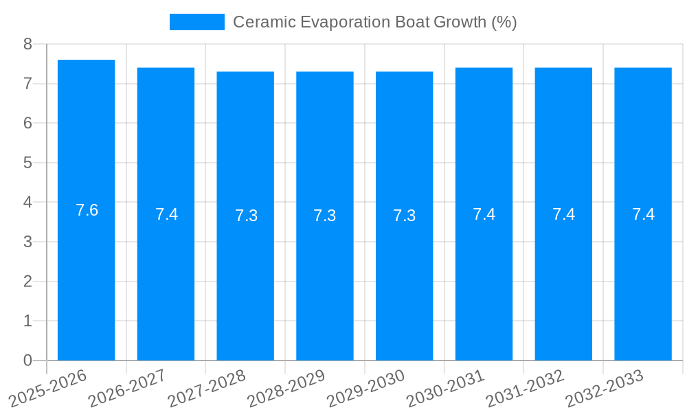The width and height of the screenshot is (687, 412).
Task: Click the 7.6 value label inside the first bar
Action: pos(87,210)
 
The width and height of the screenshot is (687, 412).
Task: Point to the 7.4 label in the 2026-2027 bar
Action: pos(166,214)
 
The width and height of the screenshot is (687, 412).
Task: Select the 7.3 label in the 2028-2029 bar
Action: pos(325,216)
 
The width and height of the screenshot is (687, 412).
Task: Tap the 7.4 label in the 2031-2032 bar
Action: pos(563,214)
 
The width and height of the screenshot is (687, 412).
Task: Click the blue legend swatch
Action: pos(196,22)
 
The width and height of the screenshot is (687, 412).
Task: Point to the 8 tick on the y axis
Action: pos(27,45)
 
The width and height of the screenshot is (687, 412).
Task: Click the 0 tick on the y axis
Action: pos(27,360)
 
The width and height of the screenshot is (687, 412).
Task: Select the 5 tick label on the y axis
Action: pos(27,163)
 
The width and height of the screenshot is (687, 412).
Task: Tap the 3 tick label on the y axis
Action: pos(27,242)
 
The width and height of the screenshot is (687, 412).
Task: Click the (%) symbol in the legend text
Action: pos(504,22)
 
